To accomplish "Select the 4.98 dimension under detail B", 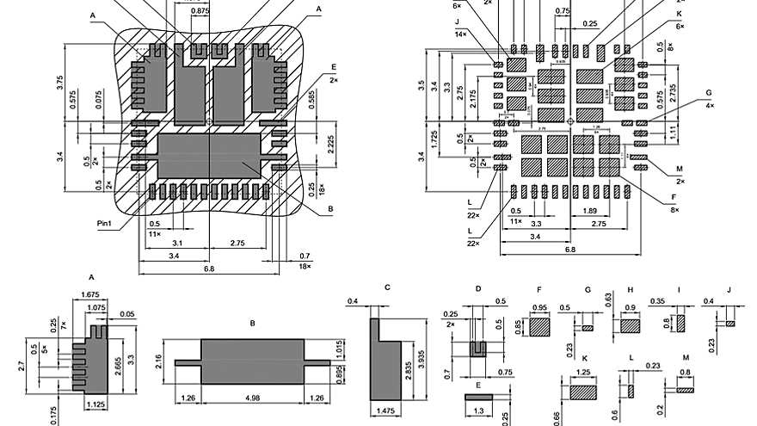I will click(252, 398).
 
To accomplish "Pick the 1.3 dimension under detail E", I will click(478, 412).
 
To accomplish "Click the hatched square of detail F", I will click(539, 327).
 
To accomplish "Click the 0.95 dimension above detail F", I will click(540, 307).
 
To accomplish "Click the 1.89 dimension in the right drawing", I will click(591, 211).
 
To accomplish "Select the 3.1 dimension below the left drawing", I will click(175, 243).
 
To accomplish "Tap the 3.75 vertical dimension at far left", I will click(59, 83).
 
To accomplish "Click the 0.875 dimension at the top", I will click(200, 11).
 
